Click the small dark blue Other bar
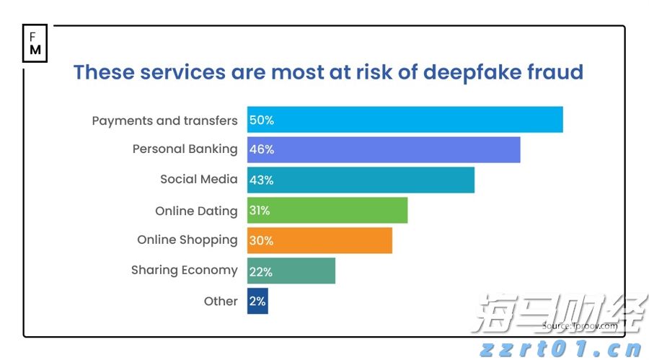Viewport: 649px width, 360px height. [x=257, y=301]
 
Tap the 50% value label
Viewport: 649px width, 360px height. [x=262, y=120]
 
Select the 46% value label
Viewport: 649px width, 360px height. [x=262, y=149]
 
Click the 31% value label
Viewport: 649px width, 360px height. [x=260, y=211]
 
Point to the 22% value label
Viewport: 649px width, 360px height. [x=261, y=271]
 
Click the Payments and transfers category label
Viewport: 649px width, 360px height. [x=164, y=120]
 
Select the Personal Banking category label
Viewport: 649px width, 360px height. [x=185, y=149]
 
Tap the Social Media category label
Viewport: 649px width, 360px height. [x=198, y=179]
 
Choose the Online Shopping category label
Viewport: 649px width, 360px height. [x=187, y=240]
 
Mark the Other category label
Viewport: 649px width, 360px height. [x=221, y=302]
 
